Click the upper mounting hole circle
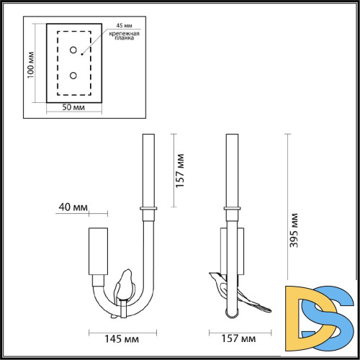click(73, 50)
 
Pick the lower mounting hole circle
click(73, 74)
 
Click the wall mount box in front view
click(98, 251)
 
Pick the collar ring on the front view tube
click(150, 209)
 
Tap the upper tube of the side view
click(232, 169)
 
